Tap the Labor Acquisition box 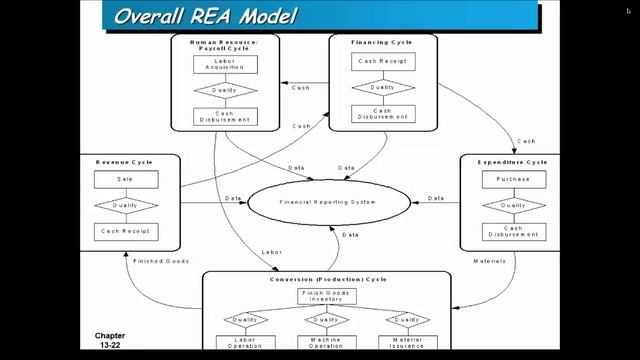(224, 64)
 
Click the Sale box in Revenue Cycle (125, 180)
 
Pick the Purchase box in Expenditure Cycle (514, 180)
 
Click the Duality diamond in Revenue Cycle (125, 206)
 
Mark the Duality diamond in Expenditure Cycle (514, 206)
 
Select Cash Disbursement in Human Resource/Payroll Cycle (224, 116)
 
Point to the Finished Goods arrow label (162, 260)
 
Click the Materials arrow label (488, 260)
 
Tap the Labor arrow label (271, 251)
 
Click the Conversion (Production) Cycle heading (327, 279)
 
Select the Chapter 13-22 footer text (109, 341)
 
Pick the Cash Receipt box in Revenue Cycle (125, 232)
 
